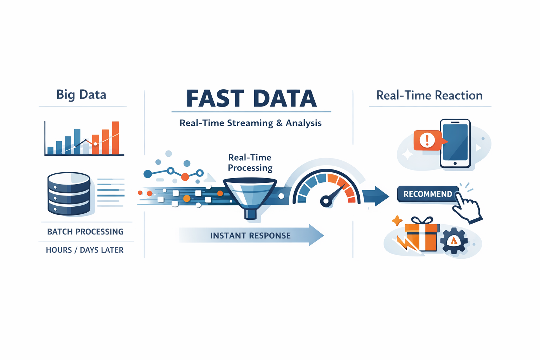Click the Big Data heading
(81, 95)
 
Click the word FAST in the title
(215, 98)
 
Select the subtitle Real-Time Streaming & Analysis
(250, 123)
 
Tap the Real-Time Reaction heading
(429, 95)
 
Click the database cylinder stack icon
(69, 193)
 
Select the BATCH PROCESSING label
(85, 232)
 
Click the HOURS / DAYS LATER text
(85, 250)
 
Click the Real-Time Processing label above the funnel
(250, 162)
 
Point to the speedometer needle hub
(326, 201)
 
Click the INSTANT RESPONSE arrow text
(250, 236)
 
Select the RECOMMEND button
(427, 194)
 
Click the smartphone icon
(455, 143)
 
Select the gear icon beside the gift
(454, 241)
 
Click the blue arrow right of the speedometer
(376, 196)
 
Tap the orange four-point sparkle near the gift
(397, 221)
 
